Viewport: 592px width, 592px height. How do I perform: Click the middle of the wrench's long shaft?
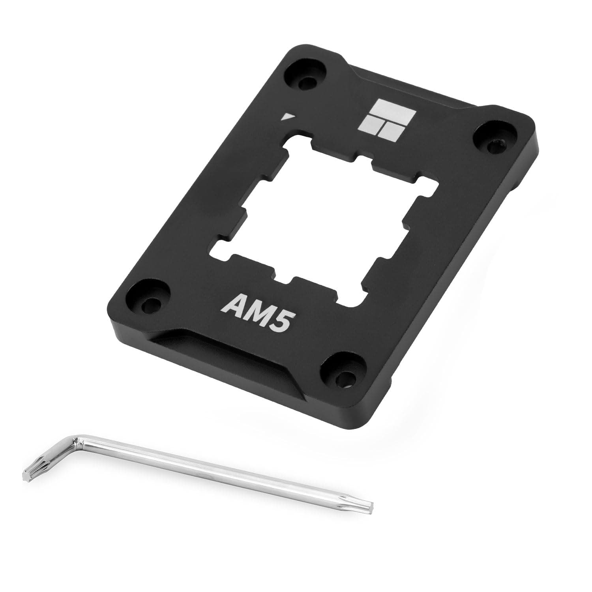pos(221,472)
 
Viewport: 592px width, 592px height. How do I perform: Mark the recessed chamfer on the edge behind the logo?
pos(418,89)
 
